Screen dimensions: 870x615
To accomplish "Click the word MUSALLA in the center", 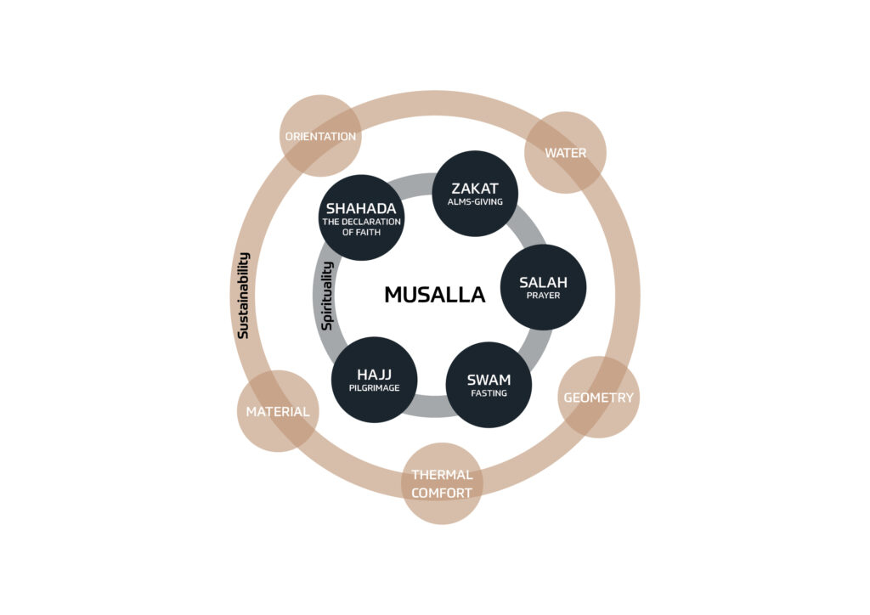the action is (435, 295).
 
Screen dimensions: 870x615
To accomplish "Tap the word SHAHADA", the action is (361, 208).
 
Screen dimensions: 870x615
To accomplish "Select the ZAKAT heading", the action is (475, 189).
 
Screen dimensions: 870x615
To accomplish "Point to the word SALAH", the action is (543, 282).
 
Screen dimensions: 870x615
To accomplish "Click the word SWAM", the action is (489, 380).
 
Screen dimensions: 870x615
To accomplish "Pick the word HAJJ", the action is (375, 375).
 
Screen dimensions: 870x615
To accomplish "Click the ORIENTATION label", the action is (320, 137).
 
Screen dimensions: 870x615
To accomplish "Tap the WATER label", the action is (565, 153).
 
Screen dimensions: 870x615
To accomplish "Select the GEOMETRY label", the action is (599, 398).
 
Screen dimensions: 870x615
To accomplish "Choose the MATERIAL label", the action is (278, 411).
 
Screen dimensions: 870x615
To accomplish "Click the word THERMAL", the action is (442, 475).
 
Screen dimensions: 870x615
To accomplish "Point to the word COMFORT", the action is (442, 493).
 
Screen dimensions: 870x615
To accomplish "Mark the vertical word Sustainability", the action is (243, 296).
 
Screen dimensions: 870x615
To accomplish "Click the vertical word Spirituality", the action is (327, 296).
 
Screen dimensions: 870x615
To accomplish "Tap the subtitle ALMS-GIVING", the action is (475, 202).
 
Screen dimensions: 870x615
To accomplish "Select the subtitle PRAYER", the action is (543, 296).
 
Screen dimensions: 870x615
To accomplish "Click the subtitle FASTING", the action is (489, 393).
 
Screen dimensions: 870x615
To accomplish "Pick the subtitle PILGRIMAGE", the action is (375, 388).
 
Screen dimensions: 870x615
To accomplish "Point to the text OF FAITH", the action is (361, 233).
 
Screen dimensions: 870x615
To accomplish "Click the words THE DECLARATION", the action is (361, 222).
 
